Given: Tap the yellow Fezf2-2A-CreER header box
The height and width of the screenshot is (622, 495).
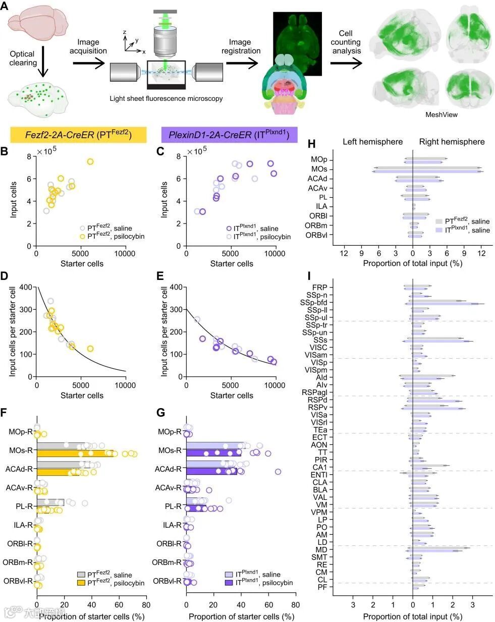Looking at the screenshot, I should pyautogui.click(x=78, y=134).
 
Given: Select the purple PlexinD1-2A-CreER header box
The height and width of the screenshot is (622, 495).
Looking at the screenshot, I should pyautogui.click(x=229, y=134).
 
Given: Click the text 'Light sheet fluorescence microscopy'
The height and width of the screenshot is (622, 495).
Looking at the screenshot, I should pyautogui.click(x=166, y=98).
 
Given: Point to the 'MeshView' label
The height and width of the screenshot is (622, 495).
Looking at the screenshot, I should pyautogui.click(x=442, y=115).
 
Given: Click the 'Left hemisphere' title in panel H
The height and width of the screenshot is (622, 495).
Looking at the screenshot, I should pyautogui.click(x=372, y=142).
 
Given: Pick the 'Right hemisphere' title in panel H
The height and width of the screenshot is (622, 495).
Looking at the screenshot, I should pyautogui.click(x=452, y=142).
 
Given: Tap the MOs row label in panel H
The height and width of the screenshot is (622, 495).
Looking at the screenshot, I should pyautogui.click(x=319, y=169).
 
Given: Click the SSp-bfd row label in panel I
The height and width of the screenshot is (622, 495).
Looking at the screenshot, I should pyautogui.click(x=313, y=303).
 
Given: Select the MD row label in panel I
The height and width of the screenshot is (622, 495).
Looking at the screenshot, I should pyautogui.click(x=321, y=550).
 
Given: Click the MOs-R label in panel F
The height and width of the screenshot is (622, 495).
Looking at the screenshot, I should pyautogui.click(x=22, y=450).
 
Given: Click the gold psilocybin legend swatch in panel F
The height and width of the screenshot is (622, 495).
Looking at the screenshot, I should pyautogui.click(x=81, y=583).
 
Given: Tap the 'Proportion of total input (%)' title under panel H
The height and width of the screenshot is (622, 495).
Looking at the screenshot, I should pyautogui.click(x=412, y=263).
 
